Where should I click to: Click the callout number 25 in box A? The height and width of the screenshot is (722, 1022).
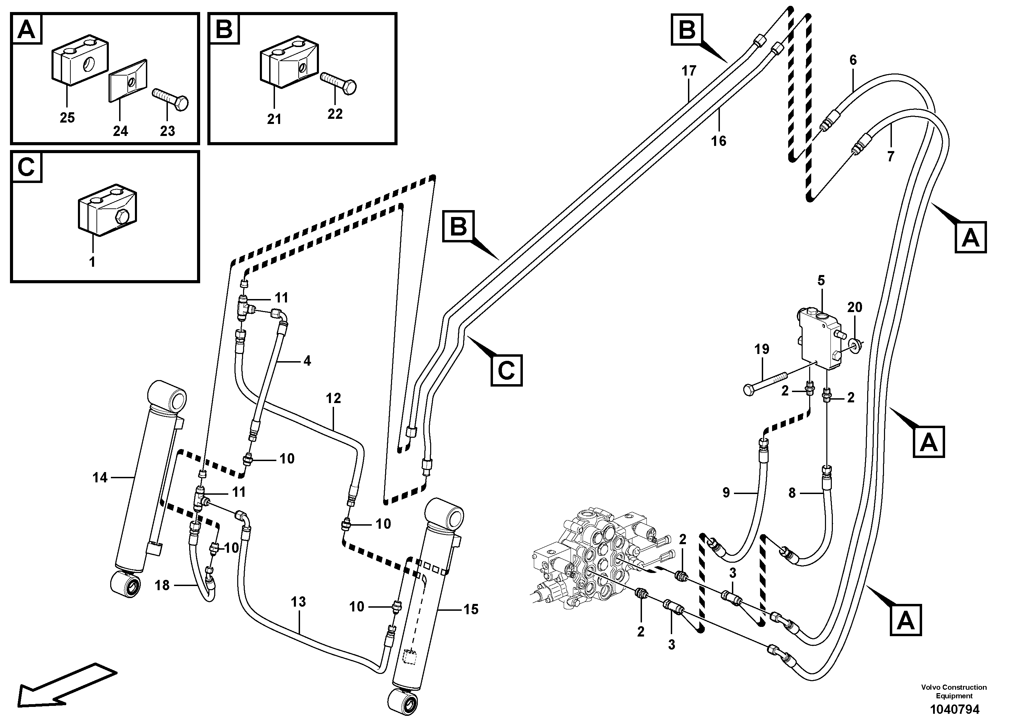(67, 118)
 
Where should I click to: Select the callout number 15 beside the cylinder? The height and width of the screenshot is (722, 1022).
(471, 609)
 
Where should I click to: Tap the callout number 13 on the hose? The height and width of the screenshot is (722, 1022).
(298, 602)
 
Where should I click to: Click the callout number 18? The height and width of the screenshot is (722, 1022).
(162, 585)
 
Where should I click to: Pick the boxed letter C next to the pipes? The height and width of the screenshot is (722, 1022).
(506, 370)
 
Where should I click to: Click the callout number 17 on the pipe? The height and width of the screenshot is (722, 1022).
(689, 71)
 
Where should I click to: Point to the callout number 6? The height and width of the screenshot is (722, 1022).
(853, 60)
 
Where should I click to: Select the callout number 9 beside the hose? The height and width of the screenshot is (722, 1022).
(726, 493)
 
